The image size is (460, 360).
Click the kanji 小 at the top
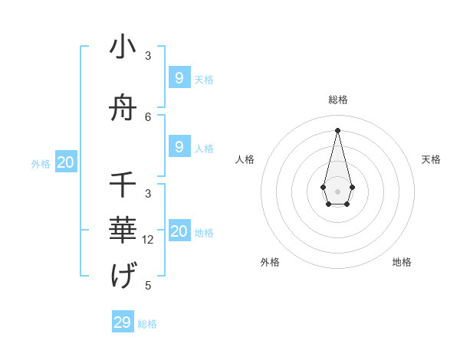pyautogui.click(x=123, y=47)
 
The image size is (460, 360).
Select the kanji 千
pyautogui.click(x=123, y=185)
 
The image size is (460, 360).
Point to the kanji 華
pyautogui.click(x=123, y=231)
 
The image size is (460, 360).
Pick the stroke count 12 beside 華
pyautogui.click(x=148, y=240)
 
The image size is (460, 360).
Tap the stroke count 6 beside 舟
pyautogui.click(x=148, y=117)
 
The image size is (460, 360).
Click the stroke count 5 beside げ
pyautogui.click(x=148, y=286)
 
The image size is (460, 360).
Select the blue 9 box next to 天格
pyautogui.click(x=179, y=78)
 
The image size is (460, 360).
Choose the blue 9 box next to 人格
pyautogui.click(x=179, y=147)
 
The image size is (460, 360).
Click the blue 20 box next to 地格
pyautogui.click(x=179, y=231)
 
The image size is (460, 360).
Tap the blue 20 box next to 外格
pyautogui.click(x=66, y=162)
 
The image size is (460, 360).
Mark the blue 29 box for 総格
pyautogui.click(x=123, y=322)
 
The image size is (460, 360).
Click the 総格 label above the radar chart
pyautogui.click(x=337, y=100)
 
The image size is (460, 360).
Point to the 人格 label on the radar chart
pyautogui.click(x=245, y=159)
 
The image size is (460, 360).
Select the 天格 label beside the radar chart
pyautogui.click(x=431, y=159)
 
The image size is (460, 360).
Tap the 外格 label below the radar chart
pyautogui.click(x=270, y=262)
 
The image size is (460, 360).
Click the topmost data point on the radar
pyautogui.click(x=337, y=129)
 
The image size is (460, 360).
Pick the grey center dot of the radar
pyautogui.click(x=337, y=190)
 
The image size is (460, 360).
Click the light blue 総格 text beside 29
pyautogui.click(x=147, y=324)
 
